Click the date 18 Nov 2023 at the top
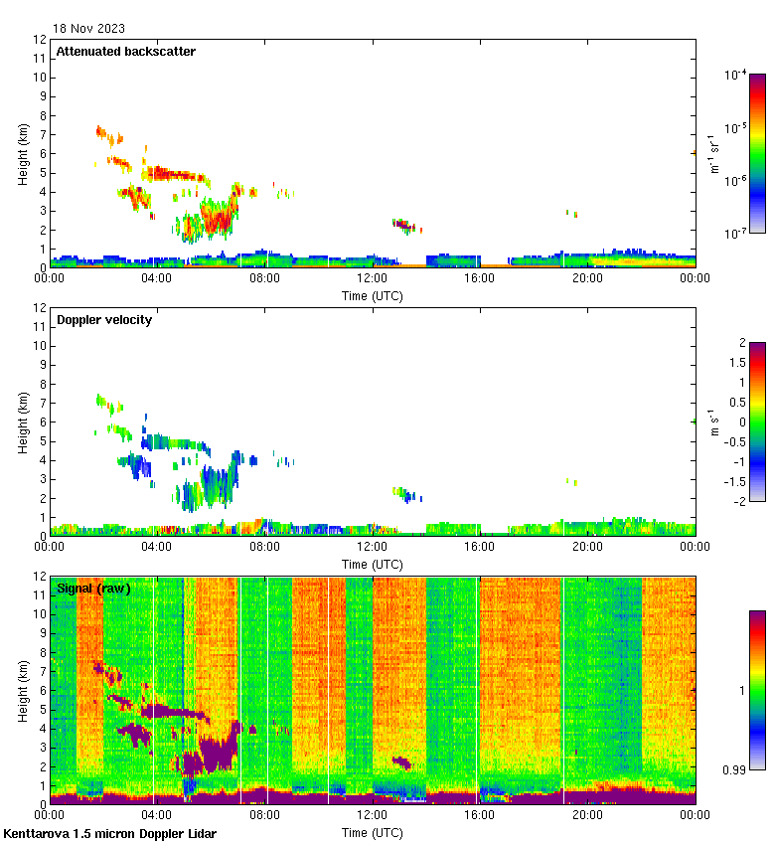(x=89, y=28)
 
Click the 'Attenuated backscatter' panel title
(x=126, y=51)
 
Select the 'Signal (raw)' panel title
(x=93, y=588)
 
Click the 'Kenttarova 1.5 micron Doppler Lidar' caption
(x=109, y=833)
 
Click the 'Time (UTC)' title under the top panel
(x=373, y=295)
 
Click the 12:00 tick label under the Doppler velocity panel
(x=373, y=546)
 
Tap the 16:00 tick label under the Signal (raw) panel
(x=480, y=814)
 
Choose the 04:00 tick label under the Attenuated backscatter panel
(x=157, y=277)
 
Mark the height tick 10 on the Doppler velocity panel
(x=39, y=346)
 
